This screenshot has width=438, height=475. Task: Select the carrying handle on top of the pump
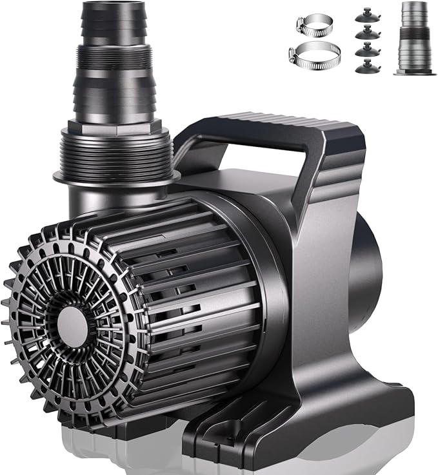271,126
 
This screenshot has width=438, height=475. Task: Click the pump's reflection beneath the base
129,454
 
